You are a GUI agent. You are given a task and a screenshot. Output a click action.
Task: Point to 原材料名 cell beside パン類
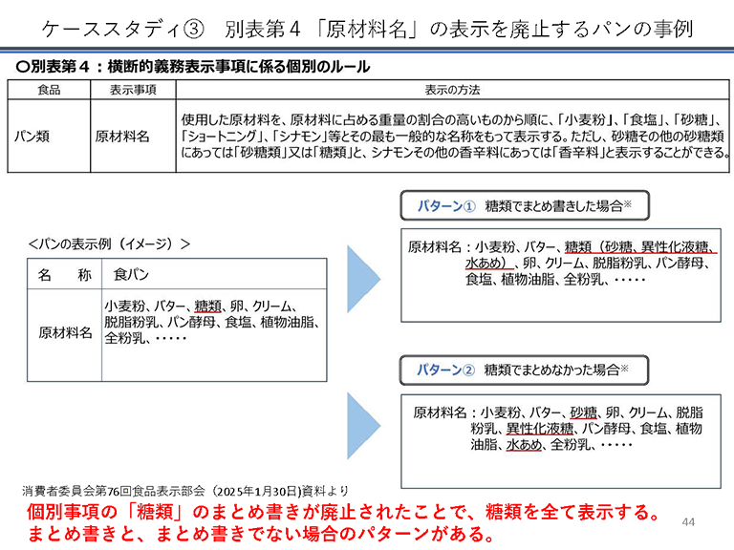122,137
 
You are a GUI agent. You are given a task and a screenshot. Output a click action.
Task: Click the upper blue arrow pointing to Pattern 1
364,276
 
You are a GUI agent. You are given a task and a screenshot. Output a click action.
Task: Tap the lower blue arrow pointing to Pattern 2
364,426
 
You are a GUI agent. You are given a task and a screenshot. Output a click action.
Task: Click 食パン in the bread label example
133,275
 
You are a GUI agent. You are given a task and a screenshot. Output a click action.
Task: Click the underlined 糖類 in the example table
207,307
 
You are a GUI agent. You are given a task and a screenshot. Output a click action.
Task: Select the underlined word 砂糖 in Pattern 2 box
584,412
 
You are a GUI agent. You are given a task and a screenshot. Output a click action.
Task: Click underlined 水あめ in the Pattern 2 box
525,444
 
